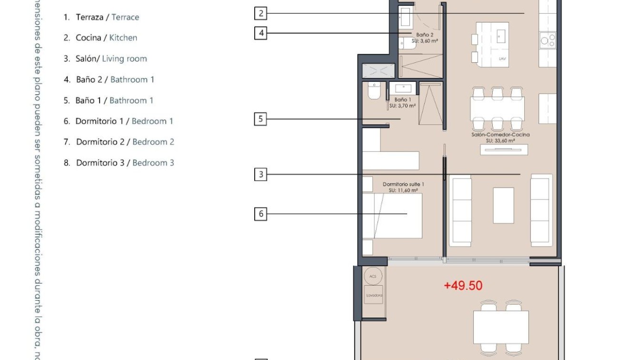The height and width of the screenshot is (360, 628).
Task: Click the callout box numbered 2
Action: click(260, 13)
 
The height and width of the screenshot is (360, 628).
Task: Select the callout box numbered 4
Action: click(260, 33)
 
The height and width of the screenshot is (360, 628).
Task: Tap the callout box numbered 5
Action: click(260, 119)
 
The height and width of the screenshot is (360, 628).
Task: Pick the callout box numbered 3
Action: click(260, 175)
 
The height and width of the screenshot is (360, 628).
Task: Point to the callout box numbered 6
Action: click(260, 214)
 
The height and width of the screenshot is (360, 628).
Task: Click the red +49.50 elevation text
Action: click(463, 286)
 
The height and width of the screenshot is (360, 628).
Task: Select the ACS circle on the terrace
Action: click(372, 276)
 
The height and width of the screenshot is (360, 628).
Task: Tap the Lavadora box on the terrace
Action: click(374, 295)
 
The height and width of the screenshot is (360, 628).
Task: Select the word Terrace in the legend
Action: click(125, 17)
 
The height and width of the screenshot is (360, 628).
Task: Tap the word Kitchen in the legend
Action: click(123, 38)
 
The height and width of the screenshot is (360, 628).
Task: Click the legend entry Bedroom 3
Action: click(153, 163)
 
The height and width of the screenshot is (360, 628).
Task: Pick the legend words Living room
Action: click(124, 59)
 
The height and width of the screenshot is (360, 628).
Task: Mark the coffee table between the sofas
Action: click(503, 205)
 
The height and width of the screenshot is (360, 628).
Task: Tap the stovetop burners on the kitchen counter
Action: click(548, 40)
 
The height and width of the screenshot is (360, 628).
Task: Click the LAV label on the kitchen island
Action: click(502, 59)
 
